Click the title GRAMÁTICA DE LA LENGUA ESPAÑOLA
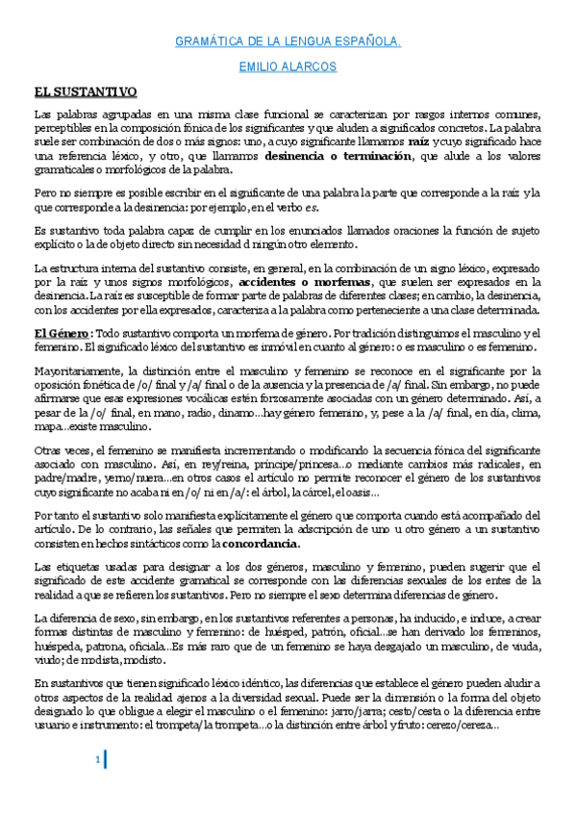tap(288, 42)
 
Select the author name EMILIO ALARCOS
tap(288, 68)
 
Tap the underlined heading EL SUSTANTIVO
tap(85, 91)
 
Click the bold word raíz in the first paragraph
tap(420, 140)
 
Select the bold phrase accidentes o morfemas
tap(306, 283)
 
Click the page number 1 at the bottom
tap(97, 762)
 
